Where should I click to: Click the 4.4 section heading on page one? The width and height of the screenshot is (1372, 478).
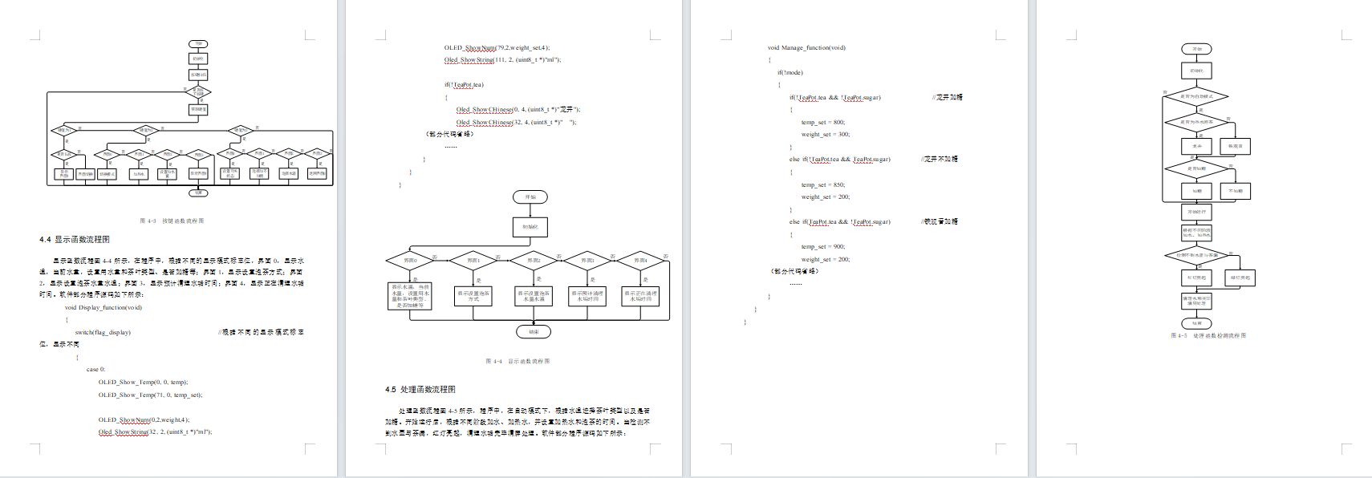75,240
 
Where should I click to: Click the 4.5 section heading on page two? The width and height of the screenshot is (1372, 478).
420,390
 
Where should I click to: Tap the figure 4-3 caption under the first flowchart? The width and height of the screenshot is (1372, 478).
172,221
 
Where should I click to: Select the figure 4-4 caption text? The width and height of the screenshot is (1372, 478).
518,362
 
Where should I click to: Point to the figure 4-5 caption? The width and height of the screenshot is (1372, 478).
1208,336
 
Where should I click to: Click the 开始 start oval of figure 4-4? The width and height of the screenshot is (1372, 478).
530,197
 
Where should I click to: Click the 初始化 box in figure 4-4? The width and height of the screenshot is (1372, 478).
530,227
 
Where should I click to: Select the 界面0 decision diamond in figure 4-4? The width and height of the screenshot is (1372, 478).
410,261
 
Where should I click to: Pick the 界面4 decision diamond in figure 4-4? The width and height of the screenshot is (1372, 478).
640,261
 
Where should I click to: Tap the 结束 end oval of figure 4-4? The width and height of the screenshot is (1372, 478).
534,331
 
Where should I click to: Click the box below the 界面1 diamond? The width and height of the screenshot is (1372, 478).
473,296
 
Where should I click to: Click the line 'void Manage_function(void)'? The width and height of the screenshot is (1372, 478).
806,48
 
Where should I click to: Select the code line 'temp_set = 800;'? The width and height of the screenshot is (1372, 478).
822,123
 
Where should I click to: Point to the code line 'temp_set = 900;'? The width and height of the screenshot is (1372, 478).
822,247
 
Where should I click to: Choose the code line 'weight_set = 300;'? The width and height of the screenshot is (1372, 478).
825,135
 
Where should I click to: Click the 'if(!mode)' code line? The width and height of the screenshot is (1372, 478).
790,73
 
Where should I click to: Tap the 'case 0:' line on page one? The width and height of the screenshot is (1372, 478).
95,370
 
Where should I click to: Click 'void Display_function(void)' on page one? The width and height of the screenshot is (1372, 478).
104,307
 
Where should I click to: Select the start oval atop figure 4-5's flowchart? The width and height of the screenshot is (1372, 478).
1196,49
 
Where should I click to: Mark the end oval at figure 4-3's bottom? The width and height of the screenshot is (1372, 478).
198,192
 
